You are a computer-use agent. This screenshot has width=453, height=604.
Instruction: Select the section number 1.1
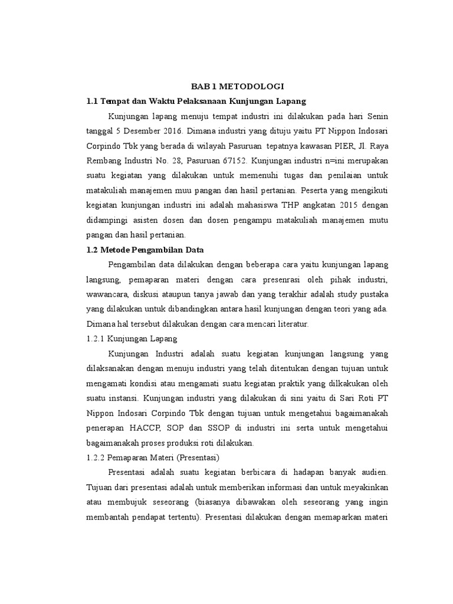pyautogui.click(x=93, y=101)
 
